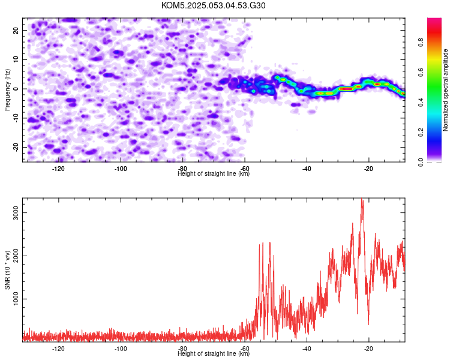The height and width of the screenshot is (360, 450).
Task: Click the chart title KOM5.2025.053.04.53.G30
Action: [213, 5]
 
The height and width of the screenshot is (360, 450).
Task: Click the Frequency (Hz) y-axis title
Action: [7, 90]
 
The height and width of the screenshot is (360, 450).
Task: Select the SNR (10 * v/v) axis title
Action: [7, 270]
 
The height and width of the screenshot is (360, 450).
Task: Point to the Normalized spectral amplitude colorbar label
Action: [445, 90]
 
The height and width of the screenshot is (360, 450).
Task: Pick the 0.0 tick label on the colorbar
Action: [421, 162]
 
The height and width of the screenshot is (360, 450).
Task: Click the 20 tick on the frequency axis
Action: [16, 30]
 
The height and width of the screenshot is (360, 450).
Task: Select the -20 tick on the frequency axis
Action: [16, 147]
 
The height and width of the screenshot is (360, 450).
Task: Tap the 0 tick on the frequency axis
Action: [16, 89]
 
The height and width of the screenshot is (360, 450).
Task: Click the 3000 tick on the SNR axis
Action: [16, 213]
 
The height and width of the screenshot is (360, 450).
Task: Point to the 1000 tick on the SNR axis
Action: [16, 299]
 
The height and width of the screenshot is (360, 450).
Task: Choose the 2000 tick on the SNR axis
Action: [16, 256]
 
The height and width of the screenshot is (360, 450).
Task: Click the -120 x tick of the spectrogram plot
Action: [58, 169]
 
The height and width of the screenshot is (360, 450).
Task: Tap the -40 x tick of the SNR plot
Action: [307, 349]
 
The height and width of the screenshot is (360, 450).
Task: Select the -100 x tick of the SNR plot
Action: [120, 349]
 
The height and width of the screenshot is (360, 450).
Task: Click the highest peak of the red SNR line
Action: [362, 199]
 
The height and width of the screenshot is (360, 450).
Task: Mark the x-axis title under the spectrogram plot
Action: [214, 173]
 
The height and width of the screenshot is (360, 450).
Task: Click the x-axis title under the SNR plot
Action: [214, 353]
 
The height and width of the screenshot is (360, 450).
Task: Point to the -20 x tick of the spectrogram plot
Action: [368, 169]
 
